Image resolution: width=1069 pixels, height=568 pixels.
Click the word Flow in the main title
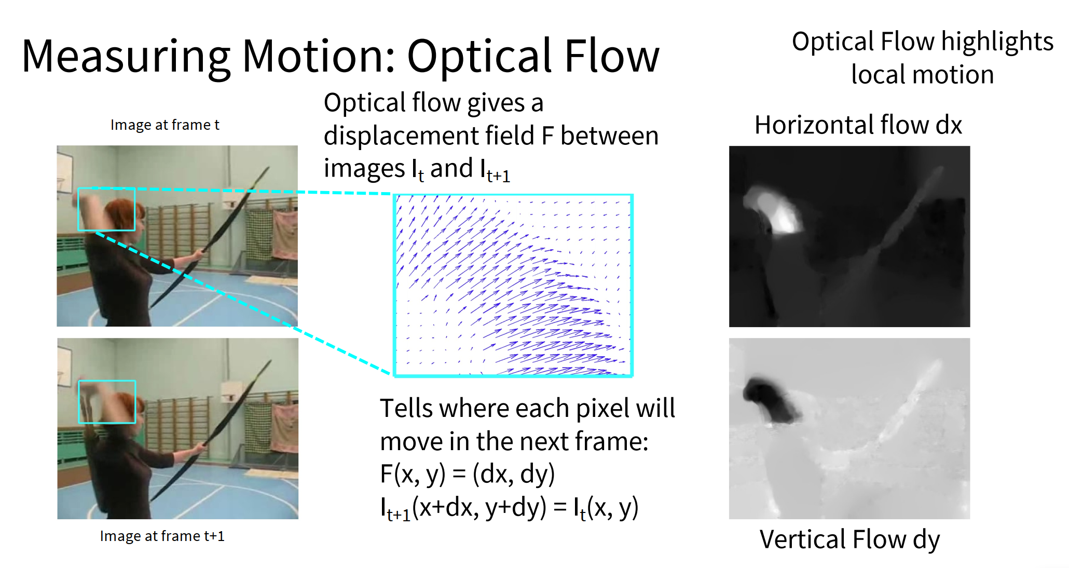coord(612,56)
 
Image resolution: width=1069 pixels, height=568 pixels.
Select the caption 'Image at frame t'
coord(165,125)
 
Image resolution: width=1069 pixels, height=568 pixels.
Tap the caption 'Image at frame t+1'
coord(162,536)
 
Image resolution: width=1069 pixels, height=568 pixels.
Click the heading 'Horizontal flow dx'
coord(858,125)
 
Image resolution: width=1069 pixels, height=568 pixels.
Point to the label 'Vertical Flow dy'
coord(849,539)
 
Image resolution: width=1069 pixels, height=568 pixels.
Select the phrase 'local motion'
coord(922,75)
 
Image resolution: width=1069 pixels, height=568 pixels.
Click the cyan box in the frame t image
coord(106,188)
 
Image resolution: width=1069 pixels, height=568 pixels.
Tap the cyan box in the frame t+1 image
coord(107,381)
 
